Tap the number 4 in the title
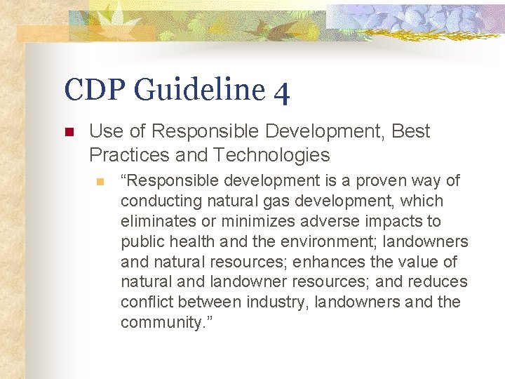pyautogui.click(x=281, y=91)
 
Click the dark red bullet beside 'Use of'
pyautogui.click(x=69, y=132)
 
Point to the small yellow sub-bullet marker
pyautogui.click(x=100, y=182)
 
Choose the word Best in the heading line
pyautogui.click(x=411, y=131)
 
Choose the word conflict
pyautogui.click(x=147, y=302)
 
